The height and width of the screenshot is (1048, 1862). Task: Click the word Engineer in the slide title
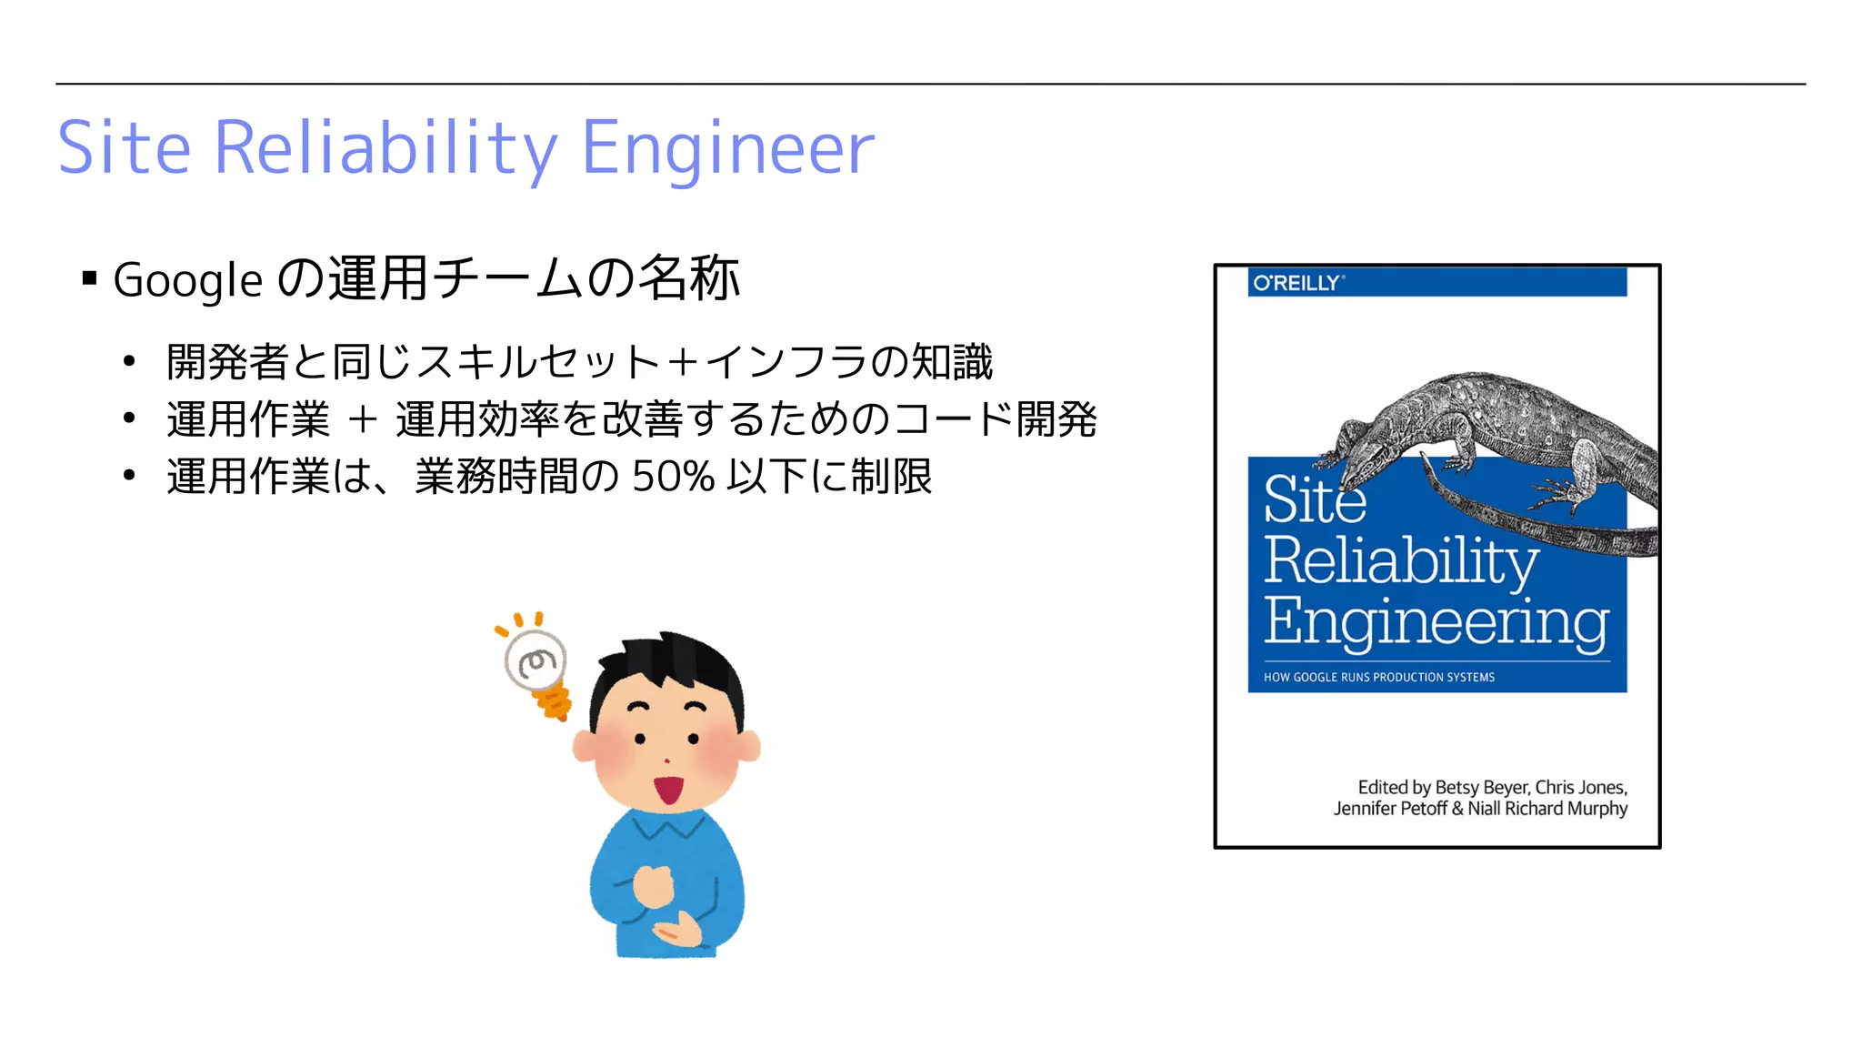[x=727, y=149]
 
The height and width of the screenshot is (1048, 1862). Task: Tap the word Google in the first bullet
[x=187, y=279]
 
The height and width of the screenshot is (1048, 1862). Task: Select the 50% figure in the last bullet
[x=673, y=476]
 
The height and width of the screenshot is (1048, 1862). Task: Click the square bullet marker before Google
[x=89, y=278]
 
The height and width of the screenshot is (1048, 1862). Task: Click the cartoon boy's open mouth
[x=670, y=789]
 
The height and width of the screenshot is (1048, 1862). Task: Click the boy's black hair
[x=673, y=664]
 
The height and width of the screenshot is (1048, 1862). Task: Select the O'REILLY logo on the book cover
[x=1296, y=283]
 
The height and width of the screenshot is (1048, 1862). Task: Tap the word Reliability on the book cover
[x=1400, y=561]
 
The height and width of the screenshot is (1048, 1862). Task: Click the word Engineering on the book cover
[x=1436, y=623]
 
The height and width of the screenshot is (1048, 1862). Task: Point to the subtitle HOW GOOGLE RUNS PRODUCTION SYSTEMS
[x=1378, y=677]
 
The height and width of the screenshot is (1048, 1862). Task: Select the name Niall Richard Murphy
[x=1547, y=809]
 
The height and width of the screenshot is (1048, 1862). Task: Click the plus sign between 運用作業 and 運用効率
[x=363, y=419]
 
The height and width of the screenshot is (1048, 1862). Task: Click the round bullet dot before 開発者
[x=129, y=362]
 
